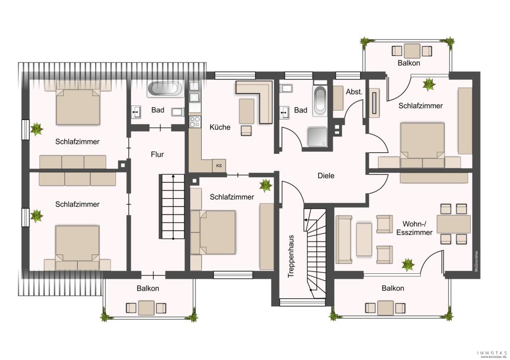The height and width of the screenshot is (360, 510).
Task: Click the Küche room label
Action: click(220, 127)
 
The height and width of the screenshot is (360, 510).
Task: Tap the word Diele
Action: click(326, 176)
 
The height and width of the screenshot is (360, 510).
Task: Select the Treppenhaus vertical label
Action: click(291, 256)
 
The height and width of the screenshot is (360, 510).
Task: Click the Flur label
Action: click(157, 154)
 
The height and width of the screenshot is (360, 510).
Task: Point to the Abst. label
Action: click(354, 92)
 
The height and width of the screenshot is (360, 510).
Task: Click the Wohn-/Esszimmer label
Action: click(414, 228)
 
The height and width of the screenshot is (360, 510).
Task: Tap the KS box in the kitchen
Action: click(219, 165)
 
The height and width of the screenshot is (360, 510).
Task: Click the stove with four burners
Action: click(195, 121)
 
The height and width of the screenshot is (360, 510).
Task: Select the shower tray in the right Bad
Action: click(317, 137)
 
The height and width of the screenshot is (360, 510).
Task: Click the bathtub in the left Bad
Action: click(165, 89)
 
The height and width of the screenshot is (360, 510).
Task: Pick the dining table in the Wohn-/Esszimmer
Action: click(453, 224)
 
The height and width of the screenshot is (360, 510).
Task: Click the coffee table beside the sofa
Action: click(364, 240)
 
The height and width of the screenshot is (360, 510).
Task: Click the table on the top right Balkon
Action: click(412, 51)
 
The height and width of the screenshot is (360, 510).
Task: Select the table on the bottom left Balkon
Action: click(146, 308)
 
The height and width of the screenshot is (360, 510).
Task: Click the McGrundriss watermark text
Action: click(476, 260)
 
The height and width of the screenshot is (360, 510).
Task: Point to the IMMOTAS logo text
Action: click(492, 353)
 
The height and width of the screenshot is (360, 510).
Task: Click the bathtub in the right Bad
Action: click(319, 100)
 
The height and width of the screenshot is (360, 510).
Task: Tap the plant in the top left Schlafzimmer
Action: click(36, 129)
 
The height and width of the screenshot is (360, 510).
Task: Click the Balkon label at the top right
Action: click(409, 63)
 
